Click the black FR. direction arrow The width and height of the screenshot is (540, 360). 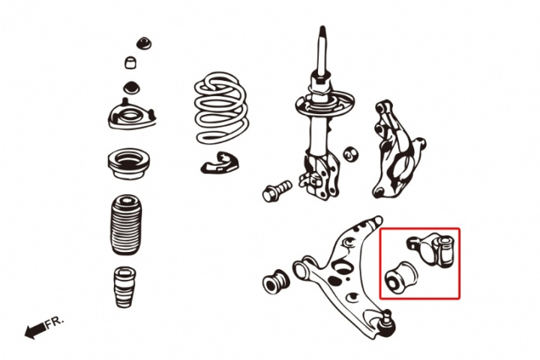coord(35,330)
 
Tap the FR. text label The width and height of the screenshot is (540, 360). coord(55,322)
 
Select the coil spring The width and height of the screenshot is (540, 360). coord(221,108)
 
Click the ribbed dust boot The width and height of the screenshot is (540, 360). coord(126,225)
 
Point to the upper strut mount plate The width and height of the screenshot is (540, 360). coord(132,115)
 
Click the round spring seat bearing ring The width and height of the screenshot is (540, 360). coord(128,163)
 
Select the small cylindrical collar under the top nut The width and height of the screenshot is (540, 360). coord(130,63)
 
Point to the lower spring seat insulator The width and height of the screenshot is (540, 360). coord(219,162)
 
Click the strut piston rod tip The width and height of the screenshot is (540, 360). coord(322,30)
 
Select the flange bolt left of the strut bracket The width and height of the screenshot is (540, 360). coord(277,190)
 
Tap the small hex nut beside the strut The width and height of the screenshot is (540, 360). coord(351,154)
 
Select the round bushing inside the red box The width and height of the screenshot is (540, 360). coord(401,277)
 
